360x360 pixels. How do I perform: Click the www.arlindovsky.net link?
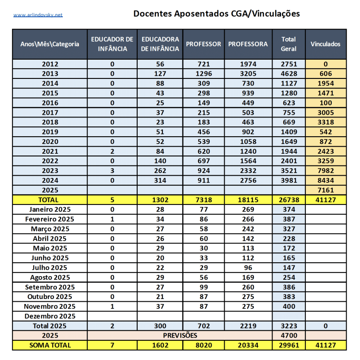(x=38, y=15)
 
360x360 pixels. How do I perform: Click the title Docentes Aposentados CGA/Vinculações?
(x=217, y=13)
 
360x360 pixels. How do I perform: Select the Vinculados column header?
(x=325, y=44)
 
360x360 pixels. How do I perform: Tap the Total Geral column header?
(x=288, y=44)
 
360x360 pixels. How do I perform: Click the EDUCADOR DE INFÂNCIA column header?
(x=112, y=44)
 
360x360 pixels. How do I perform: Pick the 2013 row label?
(x=50, y=74)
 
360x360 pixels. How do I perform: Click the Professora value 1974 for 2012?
(x=248, y=64)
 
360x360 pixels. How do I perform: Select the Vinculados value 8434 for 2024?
(x=325, y=181)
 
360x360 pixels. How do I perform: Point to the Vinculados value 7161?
(x=325, y=191)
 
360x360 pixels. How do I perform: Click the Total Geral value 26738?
(x=288, y=200)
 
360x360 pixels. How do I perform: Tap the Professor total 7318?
(x=204, y=200)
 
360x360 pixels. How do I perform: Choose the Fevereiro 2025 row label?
(x=50, y=219)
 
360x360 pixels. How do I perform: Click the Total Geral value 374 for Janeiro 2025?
(x=288, y=209)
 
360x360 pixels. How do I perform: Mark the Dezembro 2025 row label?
(x=50, y=316)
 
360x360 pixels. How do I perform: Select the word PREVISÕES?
(x=179, y=335)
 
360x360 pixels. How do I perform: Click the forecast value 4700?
(x=288, y=335)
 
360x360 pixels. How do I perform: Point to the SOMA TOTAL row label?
(x=50, y=345)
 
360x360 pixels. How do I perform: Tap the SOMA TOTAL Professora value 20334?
(x=248, y=345)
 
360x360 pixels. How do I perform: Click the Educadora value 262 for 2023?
(x=160, y=171)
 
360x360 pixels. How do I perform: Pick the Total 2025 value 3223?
(x=288, y=326)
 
